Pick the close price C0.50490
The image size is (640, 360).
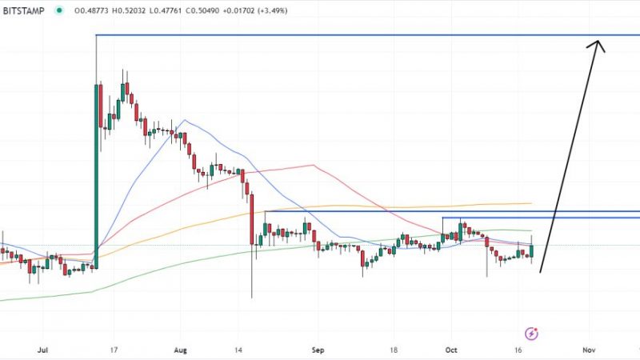click(x=227, y=11)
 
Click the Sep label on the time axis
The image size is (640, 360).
click(x=318, y=350)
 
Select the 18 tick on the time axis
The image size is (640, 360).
click(x=395, y=350)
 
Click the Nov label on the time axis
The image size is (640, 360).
click(x=589, y=350)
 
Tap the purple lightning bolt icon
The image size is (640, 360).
click(x=530, y=333)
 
